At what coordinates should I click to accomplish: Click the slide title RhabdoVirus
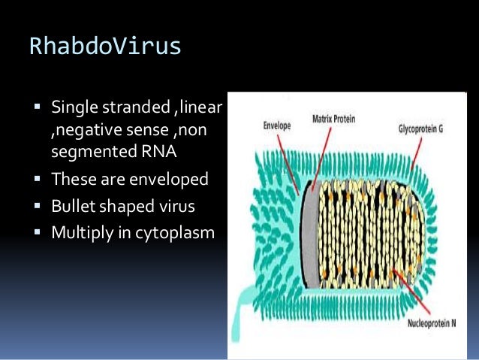point(105,47)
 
